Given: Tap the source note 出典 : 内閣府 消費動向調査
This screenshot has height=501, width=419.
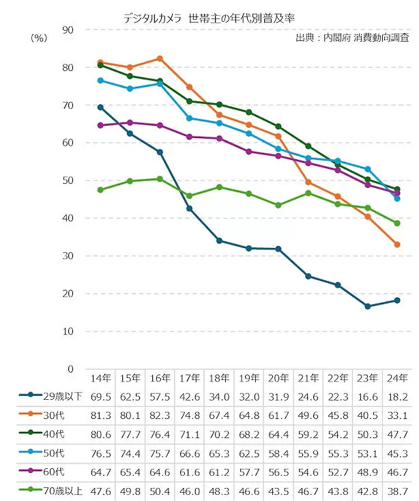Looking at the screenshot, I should (x=353, y=38).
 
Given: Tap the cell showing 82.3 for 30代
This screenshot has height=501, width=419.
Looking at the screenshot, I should (x=160, y=415).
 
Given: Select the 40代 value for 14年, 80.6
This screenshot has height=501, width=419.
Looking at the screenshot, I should (x=100, y=433).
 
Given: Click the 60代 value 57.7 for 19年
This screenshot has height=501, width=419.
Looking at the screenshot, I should (x=248, y=471).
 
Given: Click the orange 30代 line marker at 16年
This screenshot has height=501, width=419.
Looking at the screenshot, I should (x=160, y=59).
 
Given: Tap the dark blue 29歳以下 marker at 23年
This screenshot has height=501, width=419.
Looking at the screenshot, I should (x=368, y=306).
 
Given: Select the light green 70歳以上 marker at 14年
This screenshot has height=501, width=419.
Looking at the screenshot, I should (x=100, y=189).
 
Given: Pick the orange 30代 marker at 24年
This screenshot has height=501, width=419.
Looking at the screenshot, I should (x=397, y=244).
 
